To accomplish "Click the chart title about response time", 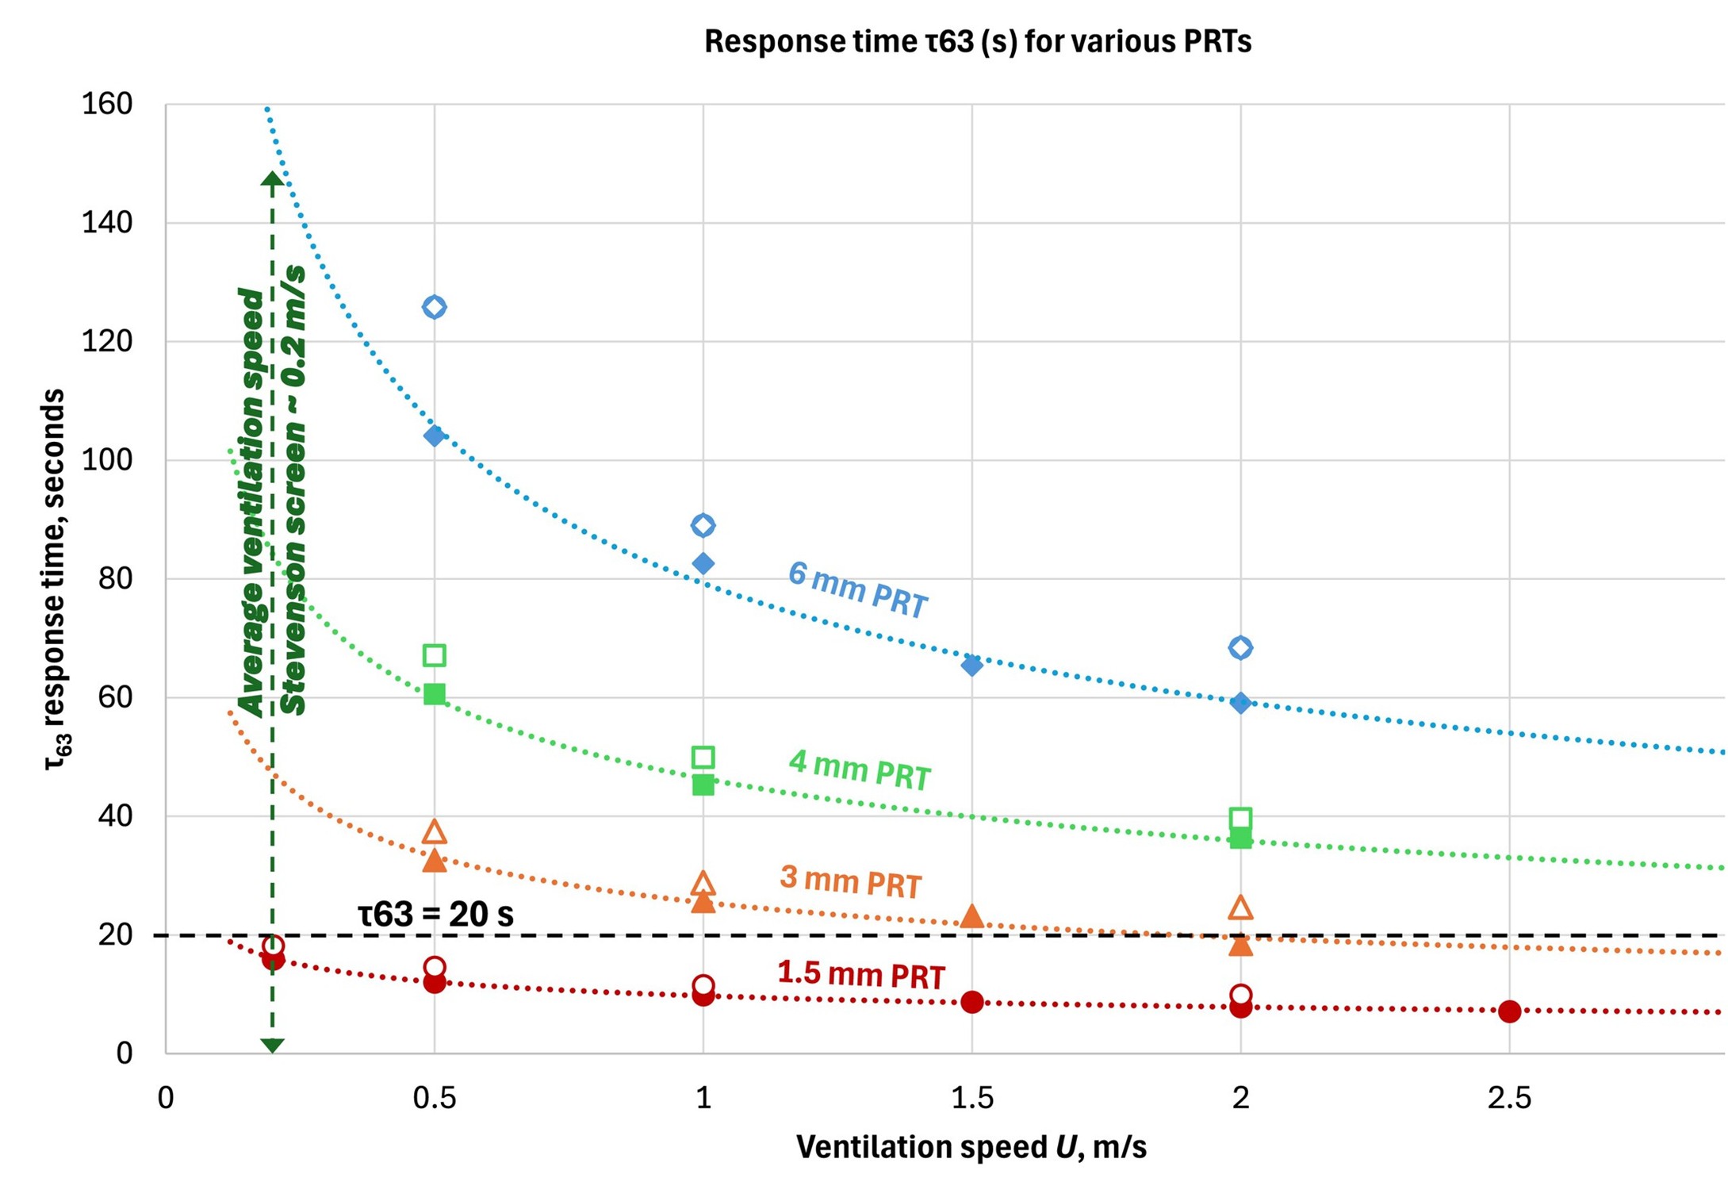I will click(x=977, y=41).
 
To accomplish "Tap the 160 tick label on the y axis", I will click(x=107, y=104).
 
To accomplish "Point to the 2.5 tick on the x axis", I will click(x=1509, y=1098).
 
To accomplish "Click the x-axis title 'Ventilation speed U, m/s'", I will click(x=971, y=1147).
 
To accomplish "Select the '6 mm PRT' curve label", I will click(x=857, y=589).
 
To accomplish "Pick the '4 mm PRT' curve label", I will click(x=860, y=770).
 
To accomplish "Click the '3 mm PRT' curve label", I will click(x=850, y=881).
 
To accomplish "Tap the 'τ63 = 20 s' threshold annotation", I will click(x=435, y=915).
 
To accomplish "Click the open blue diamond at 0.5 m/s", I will click(x=434, y=307).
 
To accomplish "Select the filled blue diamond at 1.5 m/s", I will click(x=971, y=665).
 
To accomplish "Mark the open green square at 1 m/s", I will click(x=703, y=757).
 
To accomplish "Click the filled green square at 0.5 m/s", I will click(x=434, y=694).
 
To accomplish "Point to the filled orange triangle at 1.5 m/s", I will click(x=971, y=917).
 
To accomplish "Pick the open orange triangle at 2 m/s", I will click(x=1240, y=908).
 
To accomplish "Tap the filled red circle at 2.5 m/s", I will click(x=1509, y=1011).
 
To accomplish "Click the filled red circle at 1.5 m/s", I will click(x=971, y=1002).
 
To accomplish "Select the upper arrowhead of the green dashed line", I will click(x=272, y=180).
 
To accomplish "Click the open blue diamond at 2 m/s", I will click(x=1240, y=648).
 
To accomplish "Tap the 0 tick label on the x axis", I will click(x=166, y=1098).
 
